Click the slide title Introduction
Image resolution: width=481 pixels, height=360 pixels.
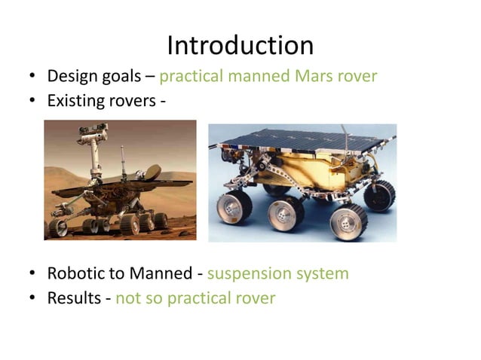point(240,45)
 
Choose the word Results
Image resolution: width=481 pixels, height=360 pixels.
point(74,298)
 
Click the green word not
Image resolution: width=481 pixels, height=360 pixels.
point(127,298)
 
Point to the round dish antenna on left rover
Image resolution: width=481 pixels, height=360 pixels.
point(151,172)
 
